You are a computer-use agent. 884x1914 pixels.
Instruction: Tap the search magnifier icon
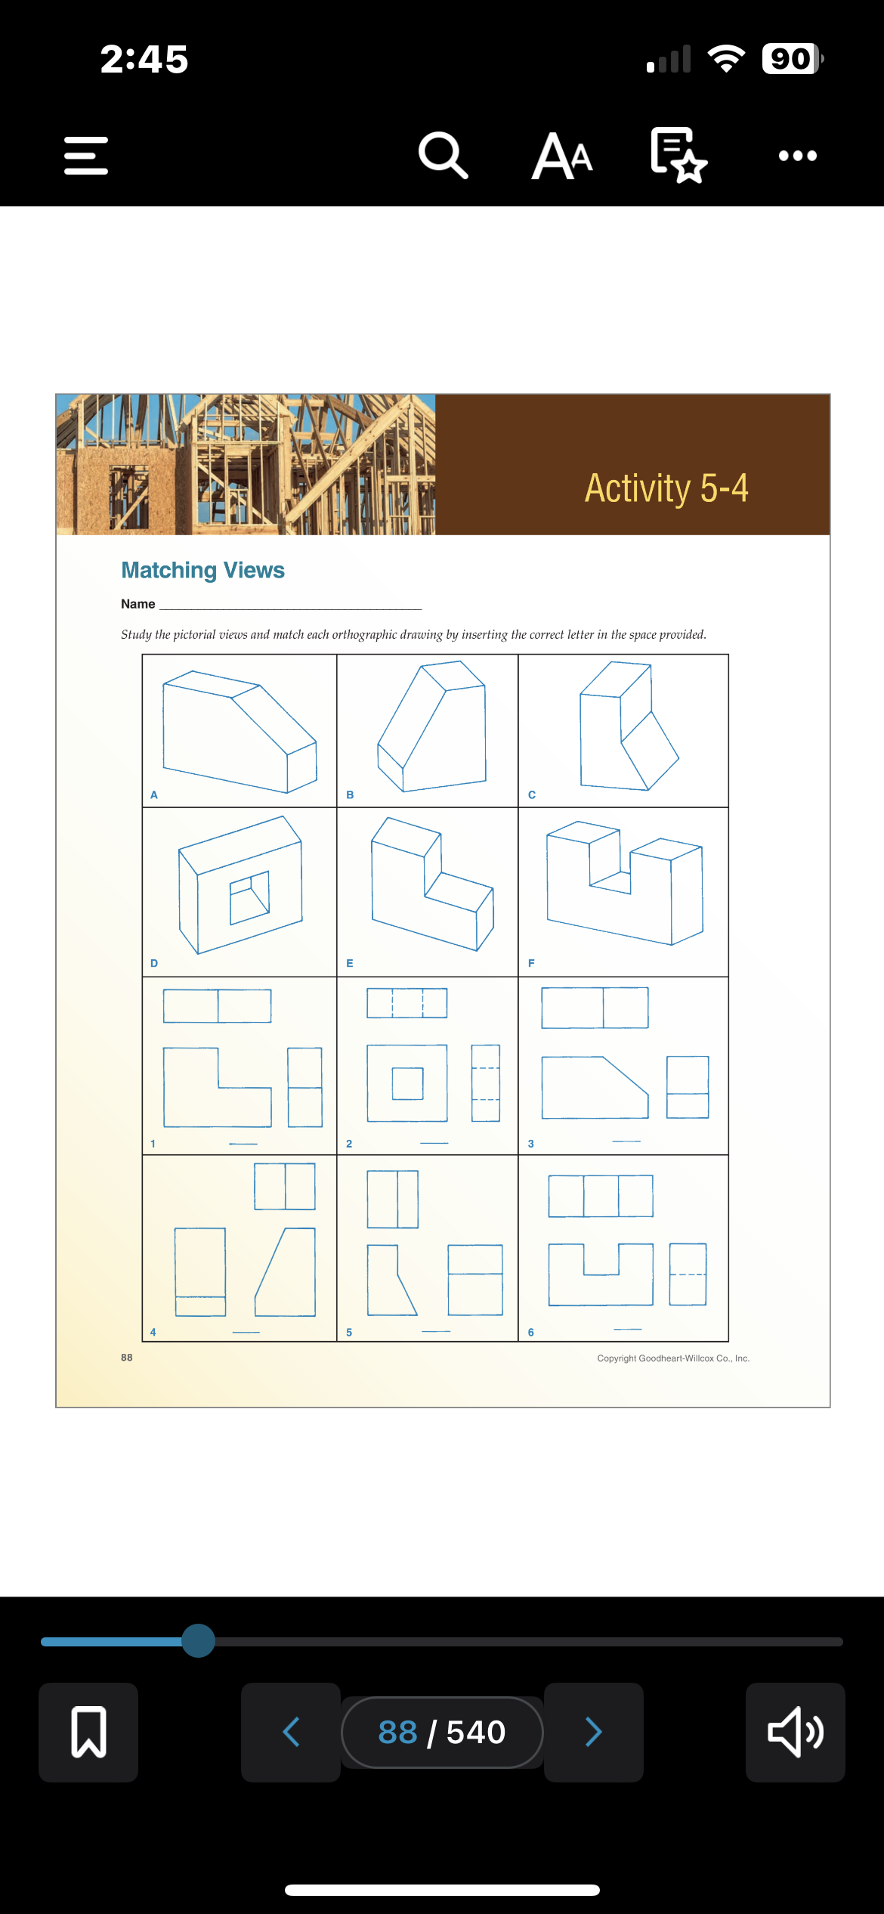(x=444, y=156)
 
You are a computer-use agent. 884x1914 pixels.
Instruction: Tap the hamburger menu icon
(x=86, y=156)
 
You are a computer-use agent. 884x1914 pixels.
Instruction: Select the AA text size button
(x=562, y=156)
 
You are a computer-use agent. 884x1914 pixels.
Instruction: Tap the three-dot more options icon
(x=797, y=156)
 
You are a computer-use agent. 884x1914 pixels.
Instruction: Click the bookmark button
(x=88, y=1732)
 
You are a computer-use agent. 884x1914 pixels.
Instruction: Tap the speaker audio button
(x=795, y=1732)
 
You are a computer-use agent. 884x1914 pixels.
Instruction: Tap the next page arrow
(x=594, y=1732)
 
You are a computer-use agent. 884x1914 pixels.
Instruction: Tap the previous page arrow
(x=291, y=1732)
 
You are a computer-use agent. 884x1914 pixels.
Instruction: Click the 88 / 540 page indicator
(x=442, y=1732)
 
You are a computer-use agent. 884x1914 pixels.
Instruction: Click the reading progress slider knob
(x=199, y=1641)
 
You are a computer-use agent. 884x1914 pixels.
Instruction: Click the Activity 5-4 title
(x=666, y=488)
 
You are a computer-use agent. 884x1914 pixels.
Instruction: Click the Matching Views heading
(x=203, y=570)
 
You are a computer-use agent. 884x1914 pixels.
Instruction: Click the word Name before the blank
(x=138, y=604)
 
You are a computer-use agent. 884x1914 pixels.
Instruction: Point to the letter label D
(x=154, y=963)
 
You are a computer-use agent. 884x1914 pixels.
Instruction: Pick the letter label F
(x=531, y=963)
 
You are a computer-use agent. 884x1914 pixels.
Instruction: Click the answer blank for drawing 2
(x=434, y=1142)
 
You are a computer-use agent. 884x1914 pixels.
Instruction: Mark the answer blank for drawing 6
(x=628, y=1328)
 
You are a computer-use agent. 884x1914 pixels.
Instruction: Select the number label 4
(x=153, y=1332)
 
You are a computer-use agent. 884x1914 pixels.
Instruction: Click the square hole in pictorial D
(x=249, y=897)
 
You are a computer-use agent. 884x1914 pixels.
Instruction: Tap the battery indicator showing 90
(x=791, y=59)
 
